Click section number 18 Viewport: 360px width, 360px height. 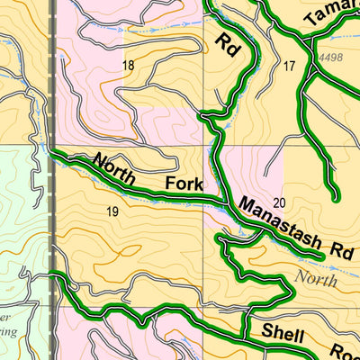pos(128,65)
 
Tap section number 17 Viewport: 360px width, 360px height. pos(289,66)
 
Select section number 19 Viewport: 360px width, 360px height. pos(112,212)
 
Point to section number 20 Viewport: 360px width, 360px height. pos(278,202)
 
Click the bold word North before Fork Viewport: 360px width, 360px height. pos(113,169)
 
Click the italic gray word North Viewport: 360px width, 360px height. pos(321,279)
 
